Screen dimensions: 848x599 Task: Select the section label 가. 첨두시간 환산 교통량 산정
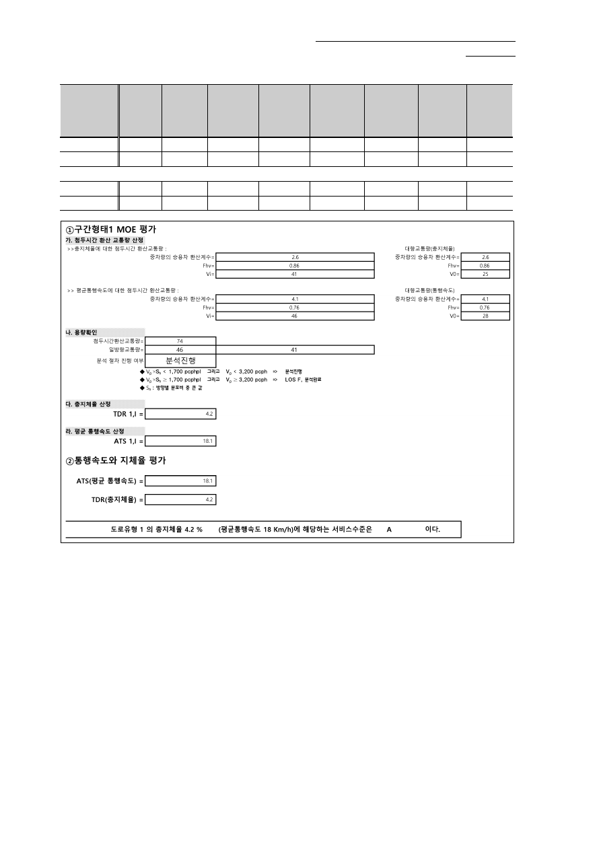[104, 240]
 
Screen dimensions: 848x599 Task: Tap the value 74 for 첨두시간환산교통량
[180, 341]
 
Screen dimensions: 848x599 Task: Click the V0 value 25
[485, 275]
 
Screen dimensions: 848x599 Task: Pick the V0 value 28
[485, 316]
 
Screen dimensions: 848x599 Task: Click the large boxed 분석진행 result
[180, 361]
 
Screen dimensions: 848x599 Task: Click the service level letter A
[389, 530]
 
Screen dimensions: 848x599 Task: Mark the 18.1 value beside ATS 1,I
[208, 441]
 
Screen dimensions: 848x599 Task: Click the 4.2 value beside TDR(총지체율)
[209, 500]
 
